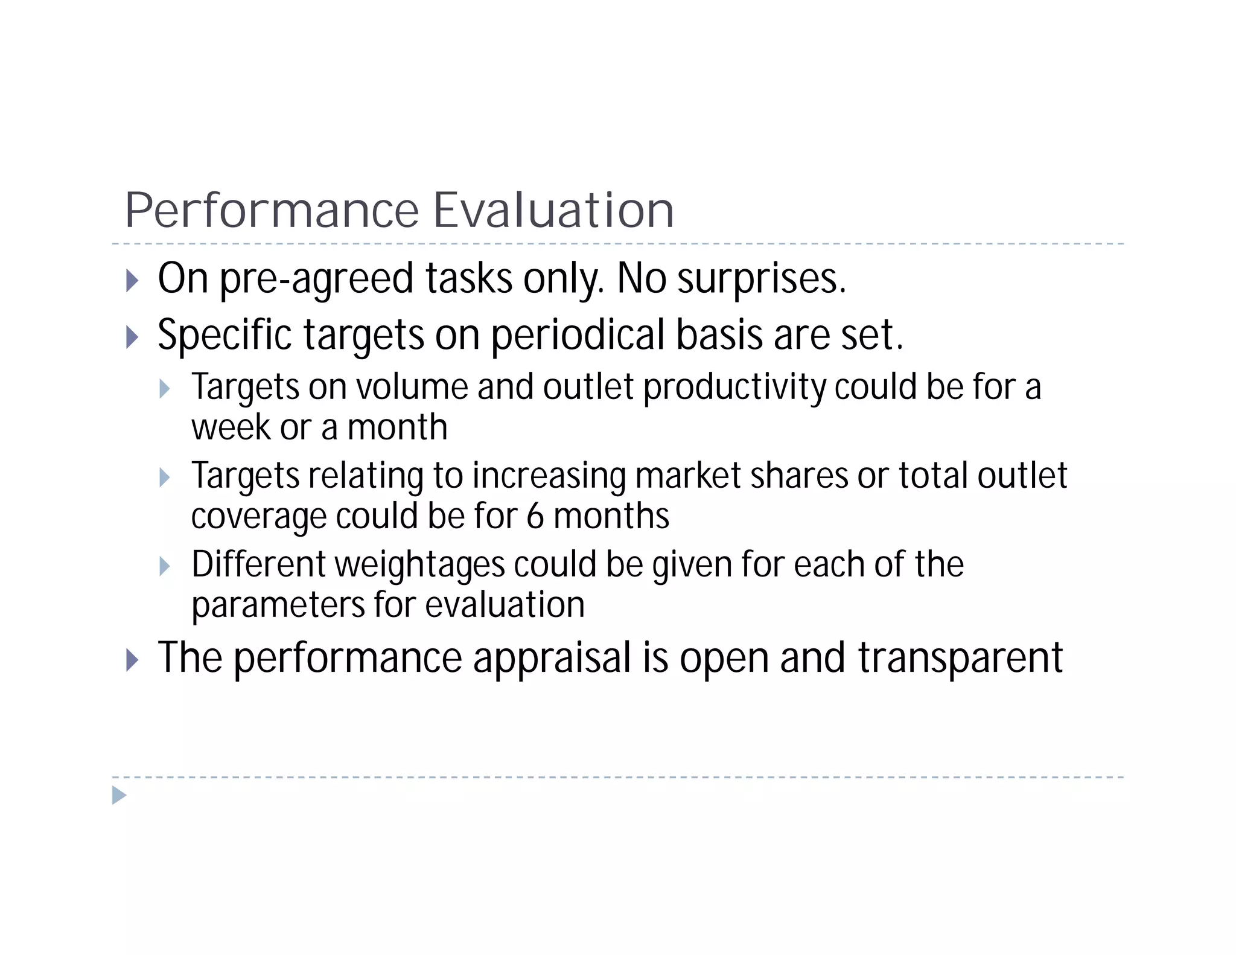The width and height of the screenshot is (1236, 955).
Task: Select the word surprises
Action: (x=762, y=279)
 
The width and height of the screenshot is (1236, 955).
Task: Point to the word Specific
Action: (x=224, y=336)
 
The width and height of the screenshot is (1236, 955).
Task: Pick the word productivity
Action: (x=734, y=388)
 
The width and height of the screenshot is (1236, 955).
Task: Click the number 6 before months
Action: (x=535, y=517)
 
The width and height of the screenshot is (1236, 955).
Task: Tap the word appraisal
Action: (x=552, y=659)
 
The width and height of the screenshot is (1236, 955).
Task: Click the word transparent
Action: (x=960, y=659)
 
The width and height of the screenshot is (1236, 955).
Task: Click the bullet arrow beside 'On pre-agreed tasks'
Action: (x=132, y=281)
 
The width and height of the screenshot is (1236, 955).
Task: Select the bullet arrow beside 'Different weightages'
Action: (x=164, y=566)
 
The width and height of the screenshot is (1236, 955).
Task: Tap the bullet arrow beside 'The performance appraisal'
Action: (x=132, y=660)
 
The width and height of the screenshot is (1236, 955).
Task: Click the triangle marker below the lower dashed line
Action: (x=119, y=795)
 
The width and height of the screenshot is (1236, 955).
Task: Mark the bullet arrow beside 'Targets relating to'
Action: (x=164, y=477)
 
